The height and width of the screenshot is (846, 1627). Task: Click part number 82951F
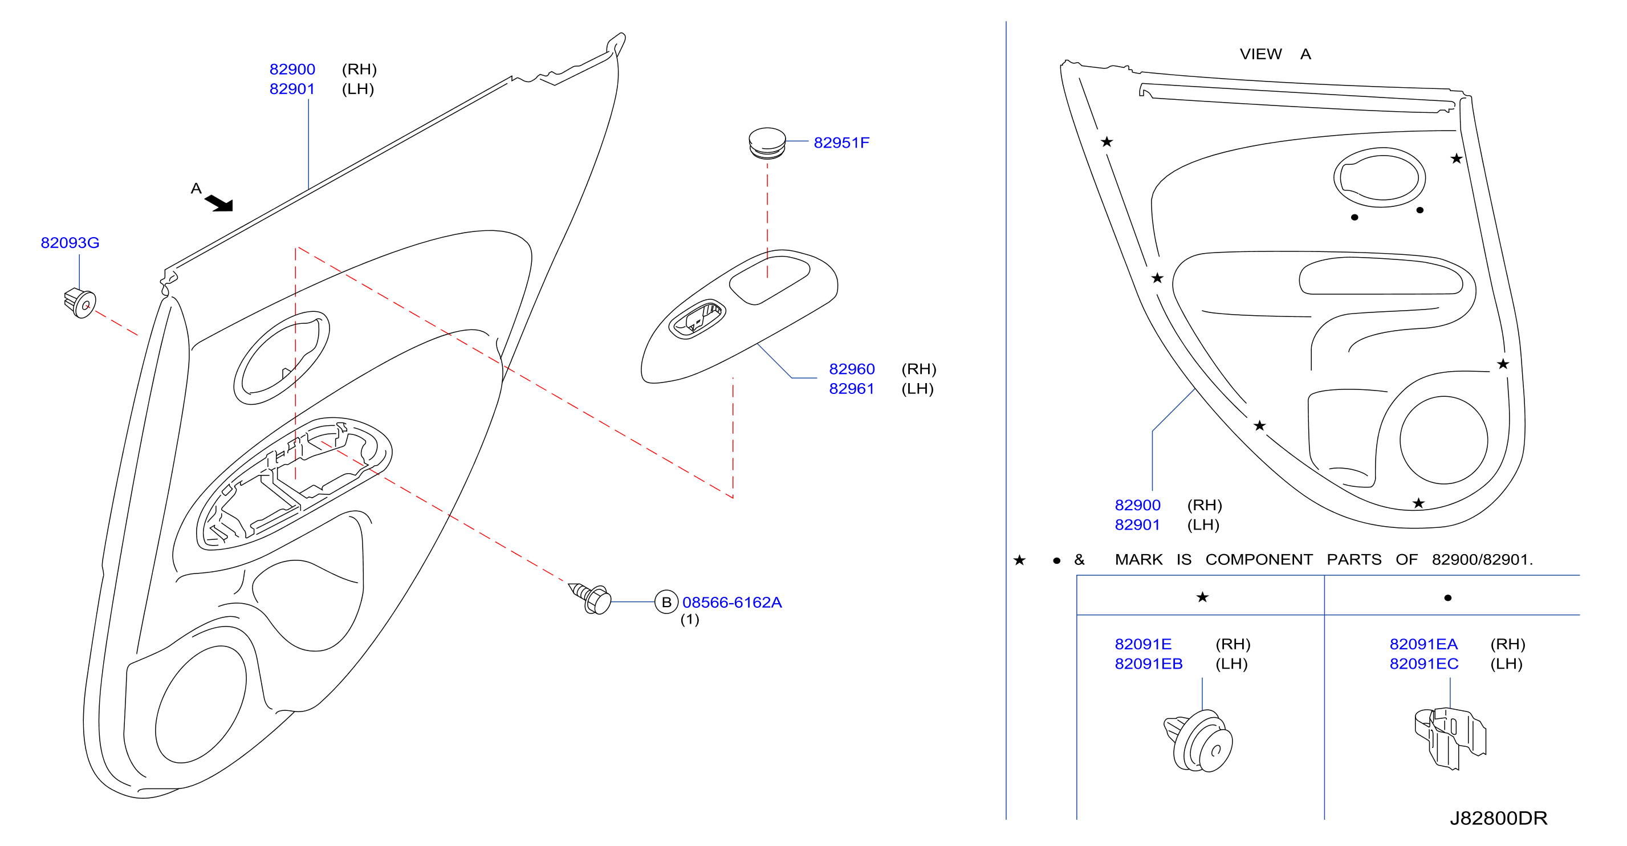(841, 143)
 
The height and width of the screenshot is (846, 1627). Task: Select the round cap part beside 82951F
(767, 144)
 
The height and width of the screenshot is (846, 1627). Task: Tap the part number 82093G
(70, 243)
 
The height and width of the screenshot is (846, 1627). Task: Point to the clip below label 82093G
(80, 303)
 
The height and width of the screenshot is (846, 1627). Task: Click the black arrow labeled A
(219, 203)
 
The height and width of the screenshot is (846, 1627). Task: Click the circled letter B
(666, 602)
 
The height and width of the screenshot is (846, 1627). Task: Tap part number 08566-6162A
(732, 602)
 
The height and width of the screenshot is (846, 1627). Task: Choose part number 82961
(851, 389)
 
